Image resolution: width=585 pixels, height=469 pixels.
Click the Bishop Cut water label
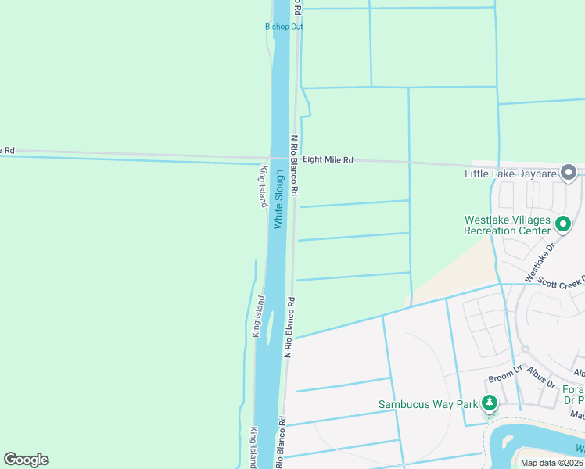click(x=283, y=27)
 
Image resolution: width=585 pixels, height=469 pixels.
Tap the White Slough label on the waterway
click(x=278, y=200)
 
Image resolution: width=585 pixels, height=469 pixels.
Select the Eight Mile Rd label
click(x=328, y=160)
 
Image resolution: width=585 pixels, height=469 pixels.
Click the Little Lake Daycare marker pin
click(x=569, y=172)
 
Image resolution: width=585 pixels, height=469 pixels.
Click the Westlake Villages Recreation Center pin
click(x=562, y=225)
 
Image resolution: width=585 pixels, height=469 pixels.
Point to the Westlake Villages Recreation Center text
click(x=507, y=225)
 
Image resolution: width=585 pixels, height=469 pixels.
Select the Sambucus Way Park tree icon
click(x=490, y=403)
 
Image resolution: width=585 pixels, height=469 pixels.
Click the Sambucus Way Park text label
click(x=428, y=404)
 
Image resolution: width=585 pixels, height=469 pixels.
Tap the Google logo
click(x=26, y=460)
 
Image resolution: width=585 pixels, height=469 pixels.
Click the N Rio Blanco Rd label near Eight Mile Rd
click(x=295, y=166)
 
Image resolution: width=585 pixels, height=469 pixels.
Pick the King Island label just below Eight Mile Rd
click(x=264, y=186)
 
